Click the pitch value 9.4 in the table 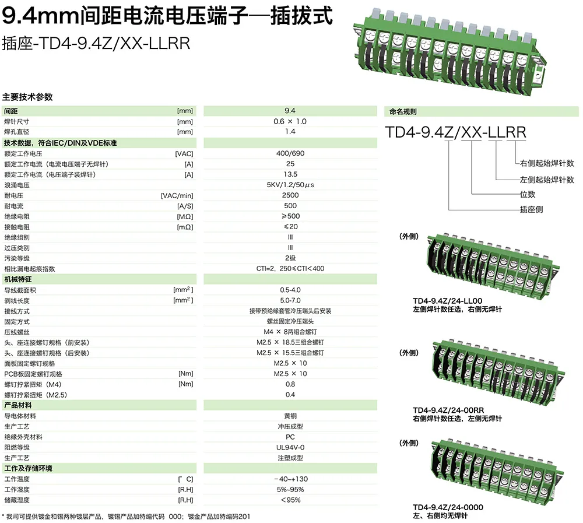coord(290,111)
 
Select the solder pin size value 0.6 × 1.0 coord(290,121)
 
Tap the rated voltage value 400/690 coord(290,153)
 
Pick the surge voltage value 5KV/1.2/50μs coord(290,185)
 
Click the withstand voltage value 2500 coord(290,195)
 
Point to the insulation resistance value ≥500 coord(290,216)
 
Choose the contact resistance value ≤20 coord(290,227)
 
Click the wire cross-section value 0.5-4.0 coord(290,290)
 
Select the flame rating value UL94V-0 coord(290,447)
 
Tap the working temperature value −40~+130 coord(290,479)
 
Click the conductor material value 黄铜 coord(290,416)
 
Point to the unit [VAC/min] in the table coord(177,195)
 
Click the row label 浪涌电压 coord(17,185)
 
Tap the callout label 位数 coord(527,195)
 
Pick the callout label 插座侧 coord(531,209)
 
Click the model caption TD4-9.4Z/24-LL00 coord(448,301)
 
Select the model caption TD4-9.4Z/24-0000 coord(448,507)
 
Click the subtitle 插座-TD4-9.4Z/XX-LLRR coord(96,44)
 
